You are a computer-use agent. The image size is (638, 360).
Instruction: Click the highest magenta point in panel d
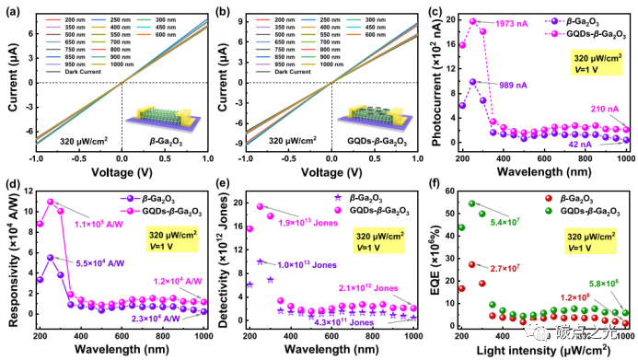tap(50, 202)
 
